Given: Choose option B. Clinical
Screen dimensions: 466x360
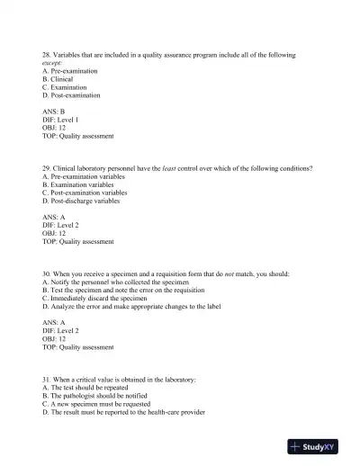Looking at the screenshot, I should pos(58,79).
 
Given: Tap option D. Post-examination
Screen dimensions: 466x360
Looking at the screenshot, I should pos(71,94).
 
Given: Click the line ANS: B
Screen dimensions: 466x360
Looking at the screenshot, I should pos(54,112).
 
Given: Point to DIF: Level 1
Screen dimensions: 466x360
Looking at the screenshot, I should pos(60,121).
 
